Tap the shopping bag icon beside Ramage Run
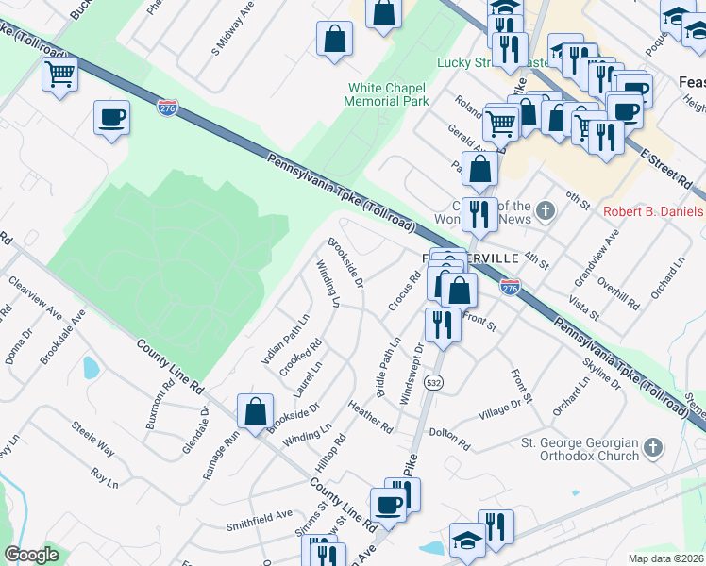255,411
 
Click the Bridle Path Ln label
389,367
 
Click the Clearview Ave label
35,298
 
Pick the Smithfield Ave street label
259,518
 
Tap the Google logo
31,555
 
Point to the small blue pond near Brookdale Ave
91,367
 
